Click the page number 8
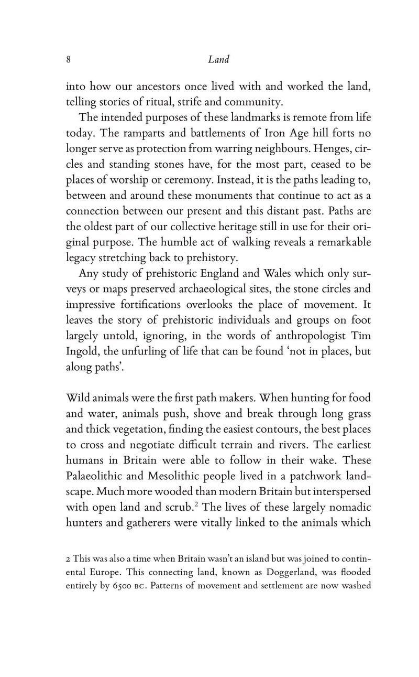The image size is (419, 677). click(69, 60)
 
